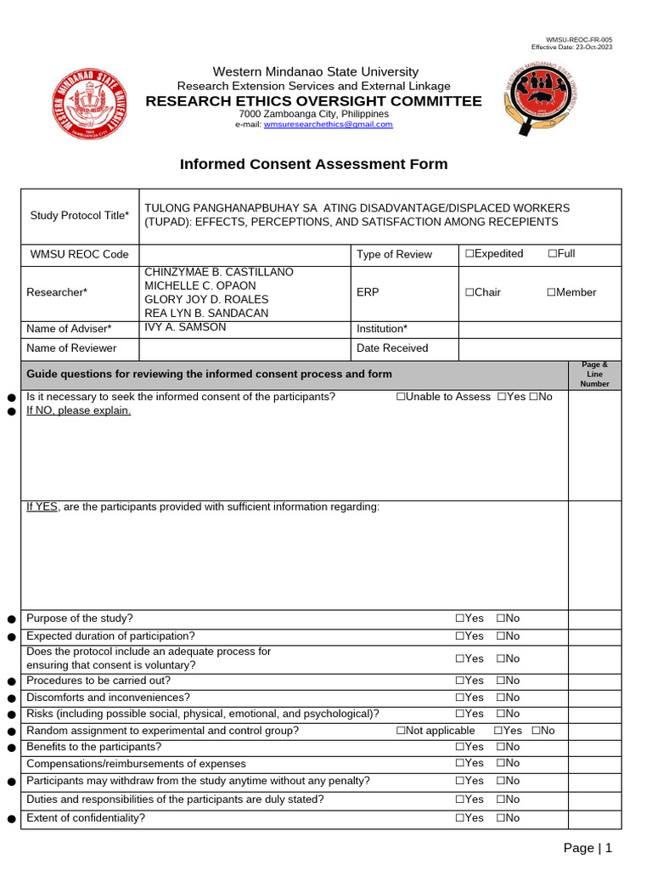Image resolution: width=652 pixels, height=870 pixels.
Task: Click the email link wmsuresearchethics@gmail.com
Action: tap(328, 124)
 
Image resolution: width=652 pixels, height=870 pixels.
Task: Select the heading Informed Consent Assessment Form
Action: tap(313, 164)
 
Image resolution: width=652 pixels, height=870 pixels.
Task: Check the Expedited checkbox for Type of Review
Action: tap(469, 254)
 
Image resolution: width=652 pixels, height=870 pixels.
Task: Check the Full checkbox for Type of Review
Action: tap(553, 254)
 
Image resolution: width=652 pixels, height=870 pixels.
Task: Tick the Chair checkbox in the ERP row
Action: tap(469, 292)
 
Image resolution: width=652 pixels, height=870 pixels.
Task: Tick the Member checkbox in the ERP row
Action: tap(551, 292)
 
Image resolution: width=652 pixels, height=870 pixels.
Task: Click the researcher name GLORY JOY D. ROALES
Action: tap(206, 299)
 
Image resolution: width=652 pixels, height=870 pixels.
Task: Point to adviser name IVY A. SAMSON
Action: tap(185, 327)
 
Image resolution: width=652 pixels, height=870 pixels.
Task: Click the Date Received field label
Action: tap(392, 347)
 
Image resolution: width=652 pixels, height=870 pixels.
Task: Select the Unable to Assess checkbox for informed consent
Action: tap(401, 397)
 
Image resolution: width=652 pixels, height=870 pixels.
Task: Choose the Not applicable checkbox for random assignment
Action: tap(401, 731)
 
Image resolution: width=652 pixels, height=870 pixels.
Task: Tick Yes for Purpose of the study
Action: tap(460, 619)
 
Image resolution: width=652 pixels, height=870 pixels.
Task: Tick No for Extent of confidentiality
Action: tap(501, 818)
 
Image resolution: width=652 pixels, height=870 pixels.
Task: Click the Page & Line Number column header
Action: tap(594, 374)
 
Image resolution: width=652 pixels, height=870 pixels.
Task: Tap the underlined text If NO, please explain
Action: tap(79, 410)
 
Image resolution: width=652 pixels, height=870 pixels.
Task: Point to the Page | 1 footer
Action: tap(587, 848)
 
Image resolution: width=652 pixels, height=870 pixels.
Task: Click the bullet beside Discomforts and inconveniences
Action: tap(11, 698)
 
